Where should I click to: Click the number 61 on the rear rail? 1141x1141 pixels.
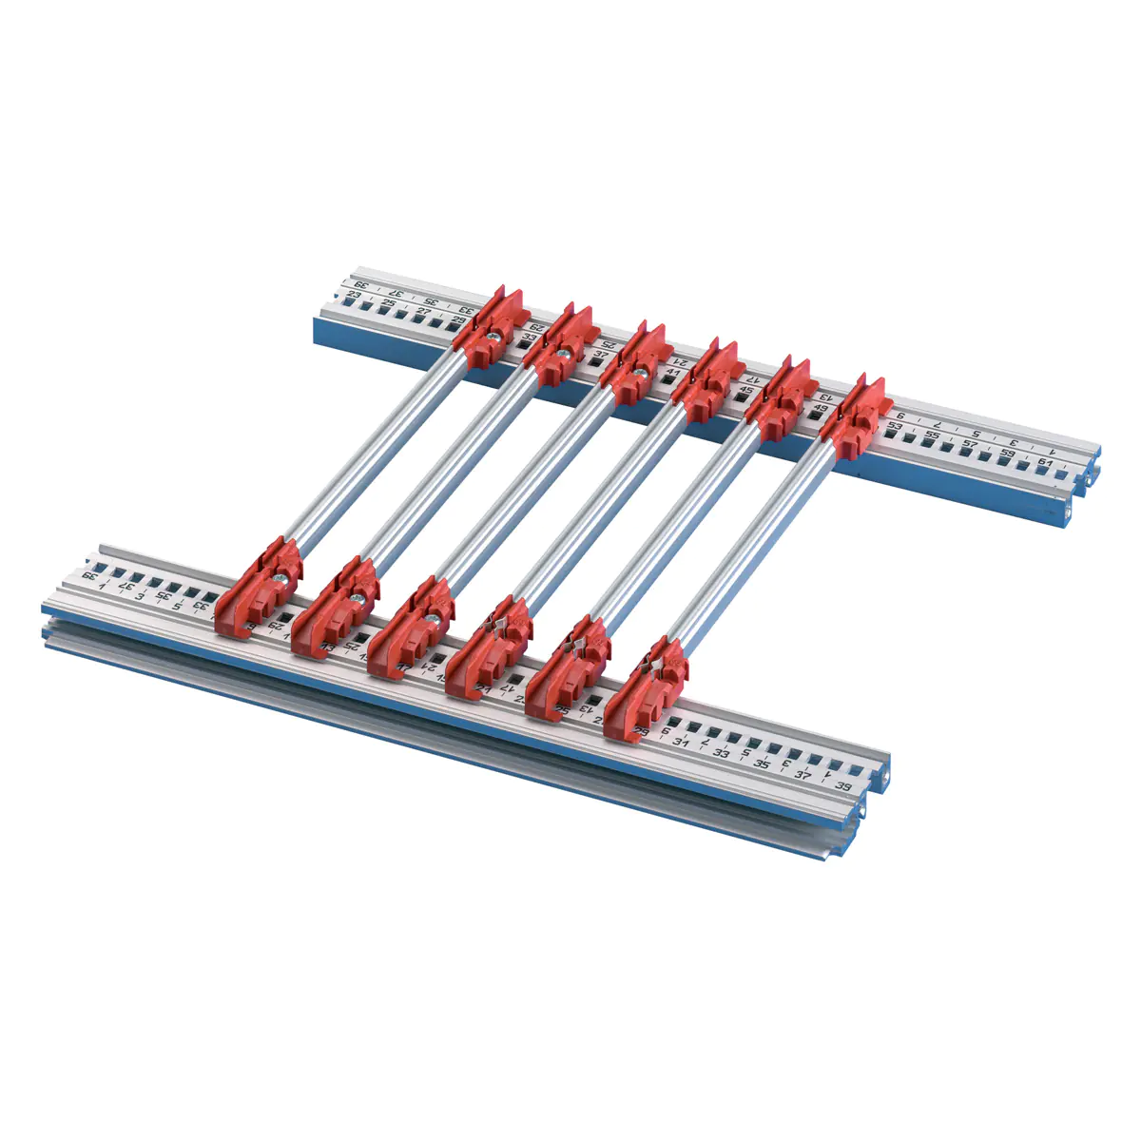pyautogui.click(x=1045, y=462)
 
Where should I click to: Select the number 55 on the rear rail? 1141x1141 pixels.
pyautogui.click(x=932, y=435)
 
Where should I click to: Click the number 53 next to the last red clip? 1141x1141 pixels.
pyautogui.click(x=895, y=426)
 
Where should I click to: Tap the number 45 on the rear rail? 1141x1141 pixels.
pyautogui.click(x=746, y=390)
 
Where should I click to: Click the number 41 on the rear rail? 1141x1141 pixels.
pyautogui.click(x=674, y=372)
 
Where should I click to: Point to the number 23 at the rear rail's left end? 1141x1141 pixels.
pyautogui.click(x=354, y=295)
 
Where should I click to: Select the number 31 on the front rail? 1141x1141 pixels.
pyautogui.click(x=679, y=741)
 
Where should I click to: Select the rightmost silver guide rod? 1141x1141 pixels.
pyautogui.click(x=751, y=542)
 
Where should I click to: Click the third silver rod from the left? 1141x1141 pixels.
pyautogui.click(x=532, y=485)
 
